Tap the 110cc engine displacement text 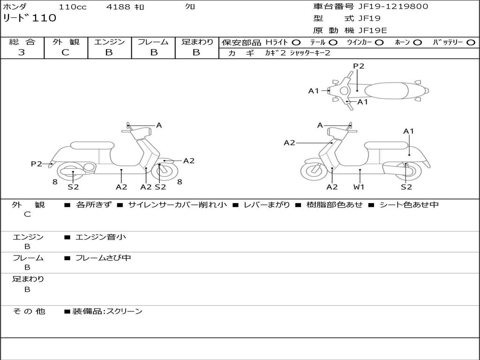(x=73, y=7)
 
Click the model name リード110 (x=30, y=18)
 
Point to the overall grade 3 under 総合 (x=22, y=52)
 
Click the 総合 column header (x=22, y=42)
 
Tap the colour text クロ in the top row (x=190, y=7)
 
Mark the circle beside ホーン (x=417, y=42)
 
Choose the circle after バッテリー (x=471, y=42)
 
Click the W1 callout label (x=359, y=187)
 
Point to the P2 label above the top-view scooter (x=359, y=66)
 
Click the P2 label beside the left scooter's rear (x=37, y=164)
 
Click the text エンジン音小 (x=101, y=237)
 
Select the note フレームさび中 (x=103, y=258)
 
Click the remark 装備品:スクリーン (x=107, y=311)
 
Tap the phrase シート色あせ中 (x=409, y=205)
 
